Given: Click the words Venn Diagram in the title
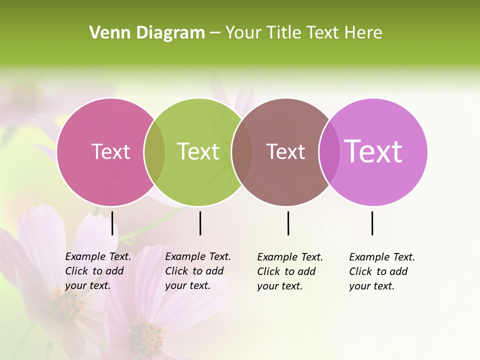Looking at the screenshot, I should coord(147,33).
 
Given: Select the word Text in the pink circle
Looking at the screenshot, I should coord(110,151).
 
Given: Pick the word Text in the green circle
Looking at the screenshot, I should coord(198,151).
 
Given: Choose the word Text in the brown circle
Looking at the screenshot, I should coord(285,151).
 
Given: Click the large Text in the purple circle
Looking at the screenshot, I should coord(373,151).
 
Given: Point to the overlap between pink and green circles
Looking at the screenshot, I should coord(154,152).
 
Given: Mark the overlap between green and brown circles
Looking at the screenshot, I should coord(242,152).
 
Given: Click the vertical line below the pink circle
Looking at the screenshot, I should coord(112,223).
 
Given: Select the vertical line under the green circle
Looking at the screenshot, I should coord(200,223).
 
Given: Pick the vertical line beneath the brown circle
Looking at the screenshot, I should coord(288,223).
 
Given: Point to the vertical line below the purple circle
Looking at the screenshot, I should coord(372,223).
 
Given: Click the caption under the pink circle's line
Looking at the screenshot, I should coord(97,271).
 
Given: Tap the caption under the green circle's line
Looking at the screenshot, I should coord(197,271).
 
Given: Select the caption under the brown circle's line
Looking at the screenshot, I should coord(289,271).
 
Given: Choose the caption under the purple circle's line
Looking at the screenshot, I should coord(381,271).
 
